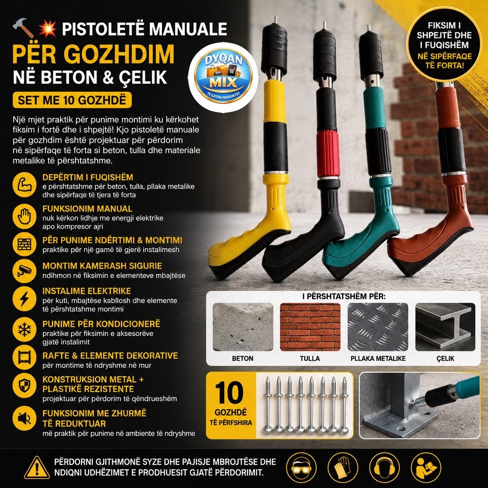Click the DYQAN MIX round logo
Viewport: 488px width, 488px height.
point(223,78)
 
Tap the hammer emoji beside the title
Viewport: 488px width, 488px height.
point(23,27)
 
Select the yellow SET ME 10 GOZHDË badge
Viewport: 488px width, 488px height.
point(72,100)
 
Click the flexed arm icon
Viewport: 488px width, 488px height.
point(25,184)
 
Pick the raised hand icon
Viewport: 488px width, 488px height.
point(25,216)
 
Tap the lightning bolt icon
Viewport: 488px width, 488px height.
point(25,299)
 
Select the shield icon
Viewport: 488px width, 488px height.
point(25,386)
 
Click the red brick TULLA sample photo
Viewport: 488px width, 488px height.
point(310,327)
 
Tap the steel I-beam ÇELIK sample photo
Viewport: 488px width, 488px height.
point(445,327)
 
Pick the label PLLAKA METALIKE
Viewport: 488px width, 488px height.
point(378,358)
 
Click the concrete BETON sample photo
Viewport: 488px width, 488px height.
point(243,327)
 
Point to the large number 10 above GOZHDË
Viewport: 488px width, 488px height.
point(229,393)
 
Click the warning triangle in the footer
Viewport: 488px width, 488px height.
point(37,467)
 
